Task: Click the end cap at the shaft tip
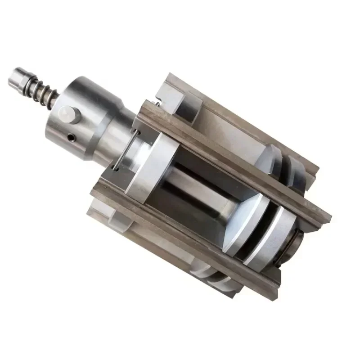pyautogui.click(x=19, y=77)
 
